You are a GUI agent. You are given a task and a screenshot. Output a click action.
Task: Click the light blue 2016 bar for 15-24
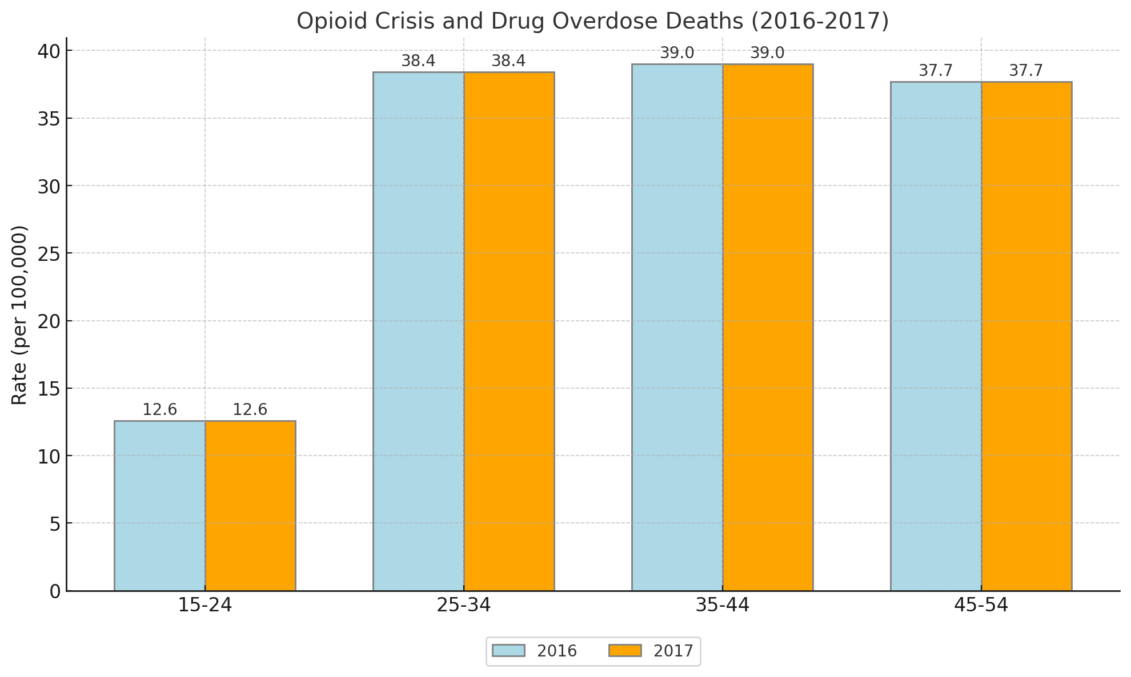(159, 506)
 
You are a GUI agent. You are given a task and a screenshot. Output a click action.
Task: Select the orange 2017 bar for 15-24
(250, 506)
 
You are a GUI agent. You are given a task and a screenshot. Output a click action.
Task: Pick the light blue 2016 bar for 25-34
(418, 331)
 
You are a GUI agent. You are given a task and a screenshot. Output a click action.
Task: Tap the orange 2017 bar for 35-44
(768, 327)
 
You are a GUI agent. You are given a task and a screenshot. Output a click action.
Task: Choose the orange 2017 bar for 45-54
(1026, 336)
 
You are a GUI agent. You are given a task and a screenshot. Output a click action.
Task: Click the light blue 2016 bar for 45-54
(936, 336)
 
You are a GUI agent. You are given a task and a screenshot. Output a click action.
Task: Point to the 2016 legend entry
(535, 651)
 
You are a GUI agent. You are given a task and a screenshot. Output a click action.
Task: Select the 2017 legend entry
(651, 651)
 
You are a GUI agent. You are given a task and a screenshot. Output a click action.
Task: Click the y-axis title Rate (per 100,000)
(20, 315)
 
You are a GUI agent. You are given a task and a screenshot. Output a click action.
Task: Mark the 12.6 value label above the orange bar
(250, 410)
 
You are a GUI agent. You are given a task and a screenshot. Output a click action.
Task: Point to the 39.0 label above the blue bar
(677, 53)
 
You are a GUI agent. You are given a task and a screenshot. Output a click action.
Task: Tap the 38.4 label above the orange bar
(508, 61)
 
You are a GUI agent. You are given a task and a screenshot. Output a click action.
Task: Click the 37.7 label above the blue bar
(936, 71)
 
